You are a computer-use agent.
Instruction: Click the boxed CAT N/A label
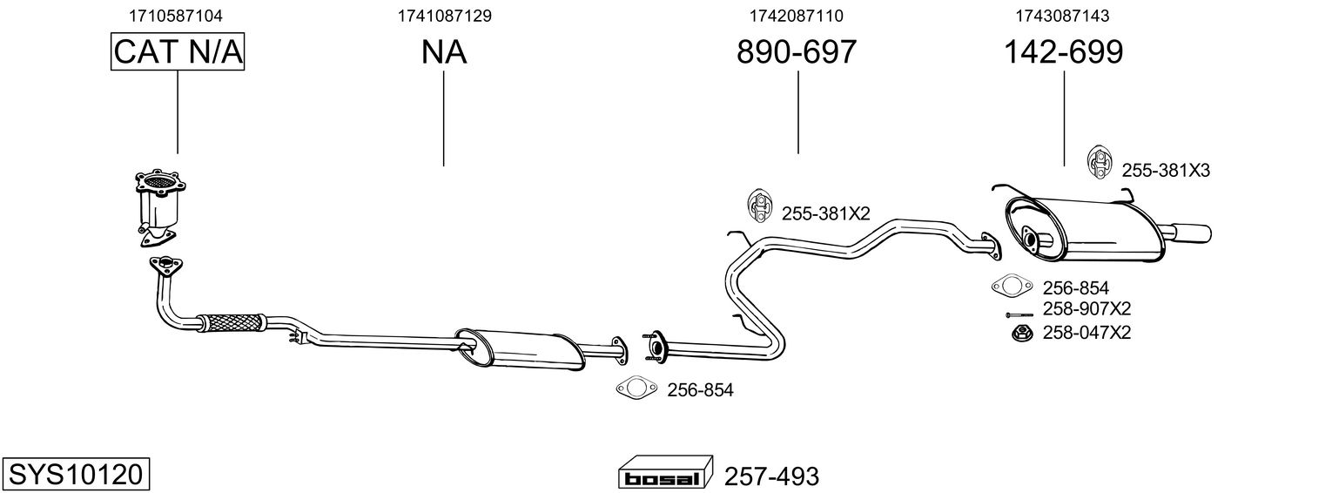tap(178, 52)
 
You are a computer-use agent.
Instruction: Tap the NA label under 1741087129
tap(444, 52)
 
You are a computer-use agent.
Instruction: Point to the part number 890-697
tap(797, 52)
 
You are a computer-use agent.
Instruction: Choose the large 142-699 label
tap(1064, 52)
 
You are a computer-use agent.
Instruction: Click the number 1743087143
tap(1061, 16)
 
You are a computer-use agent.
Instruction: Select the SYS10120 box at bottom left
tap(75, 475)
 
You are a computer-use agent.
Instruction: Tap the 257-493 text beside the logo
tap(771, 476)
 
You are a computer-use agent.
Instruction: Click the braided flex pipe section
tap(231, 321)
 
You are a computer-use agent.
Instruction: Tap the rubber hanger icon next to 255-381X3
tap(1100, 163)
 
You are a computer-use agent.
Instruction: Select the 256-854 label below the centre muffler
tap(700, 390)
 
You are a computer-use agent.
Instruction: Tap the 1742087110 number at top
tap(796, 16)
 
